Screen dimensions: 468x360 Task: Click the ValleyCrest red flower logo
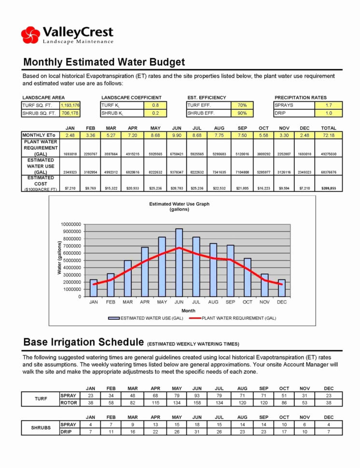coord(30,35)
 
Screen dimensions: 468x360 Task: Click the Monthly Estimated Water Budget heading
coord(104,62)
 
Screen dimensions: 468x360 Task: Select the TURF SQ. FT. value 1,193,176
coord(70,105)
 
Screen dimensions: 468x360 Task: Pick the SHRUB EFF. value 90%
coord(242,113)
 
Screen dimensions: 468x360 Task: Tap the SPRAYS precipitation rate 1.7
coord(328,105)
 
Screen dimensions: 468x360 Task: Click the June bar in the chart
coord(179,263)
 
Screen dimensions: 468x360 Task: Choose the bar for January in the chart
coord(94,288)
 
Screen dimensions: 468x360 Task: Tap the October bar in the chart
coord(247,277)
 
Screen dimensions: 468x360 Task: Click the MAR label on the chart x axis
coord(128,302)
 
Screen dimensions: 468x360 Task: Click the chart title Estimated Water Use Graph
coord(180,204)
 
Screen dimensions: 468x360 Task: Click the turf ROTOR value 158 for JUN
coord(197,402)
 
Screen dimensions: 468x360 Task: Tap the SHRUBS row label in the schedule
coord(41,427)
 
